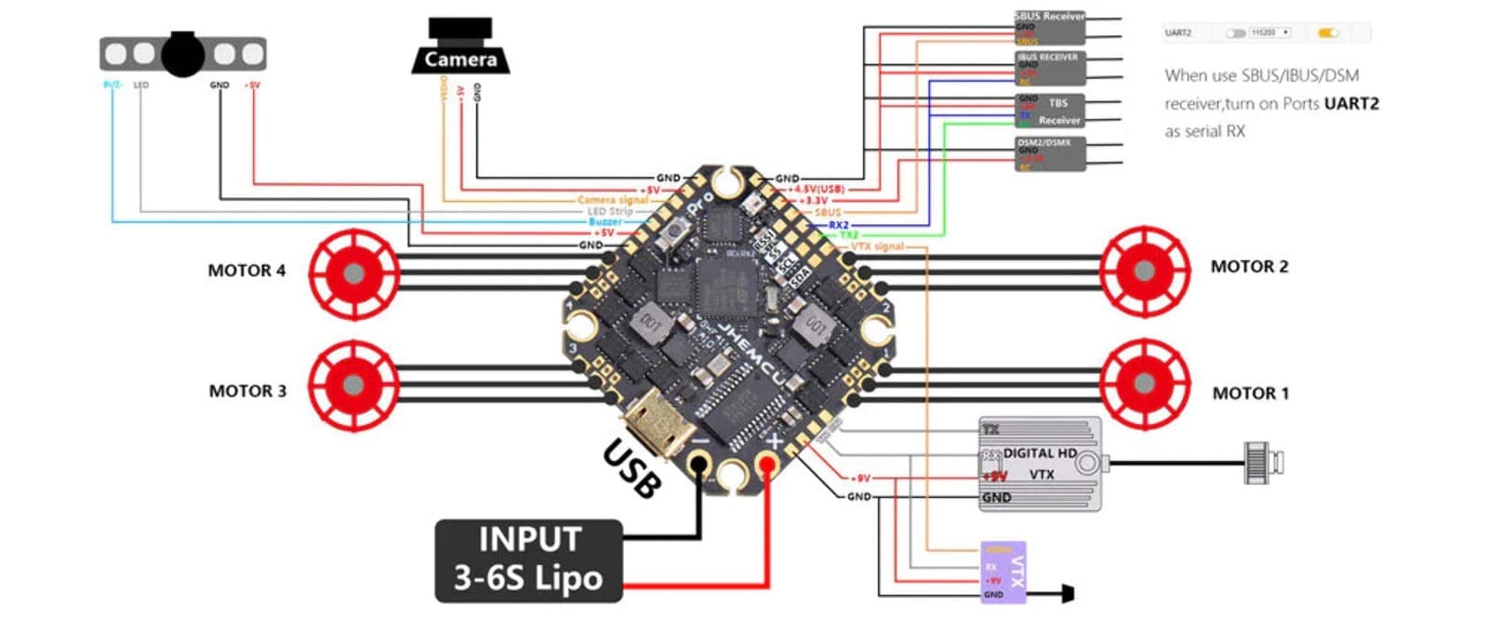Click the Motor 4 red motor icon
353,273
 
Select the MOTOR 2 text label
1249,267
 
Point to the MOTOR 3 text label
247,391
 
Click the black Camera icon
460,46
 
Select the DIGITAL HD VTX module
1041,464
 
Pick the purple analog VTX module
1003,572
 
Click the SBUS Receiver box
1049,28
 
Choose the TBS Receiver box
1049,111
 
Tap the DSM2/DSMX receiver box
1049,154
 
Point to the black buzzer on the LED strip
182,54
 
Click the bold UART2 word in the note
1351,103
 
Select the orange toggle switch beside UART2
1328,33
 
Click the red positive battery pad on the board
768,463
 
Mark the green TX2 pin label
849,235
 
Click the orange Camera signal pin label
612,200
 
